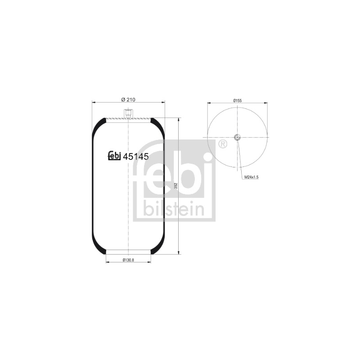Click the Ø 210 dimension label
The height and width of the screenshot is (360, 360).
128,99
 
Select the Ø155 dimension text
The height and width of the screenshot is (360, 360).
238,100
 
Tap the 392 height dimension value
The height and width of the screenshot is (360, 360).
176,186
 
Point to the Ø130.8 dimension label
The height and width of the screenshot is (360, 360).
128,260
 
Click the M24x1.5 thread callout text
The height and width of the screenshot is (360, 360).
252,177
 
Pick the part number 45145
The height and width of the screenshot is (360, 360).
136,157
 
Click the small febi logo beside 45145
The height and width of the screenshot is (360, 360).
114,156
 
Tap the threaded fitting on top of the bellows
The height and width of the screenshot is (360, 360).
128,114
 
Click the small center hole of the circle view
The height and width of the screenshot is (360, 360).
237,137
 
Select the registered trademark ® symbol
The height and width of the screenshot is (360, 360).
222,144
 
